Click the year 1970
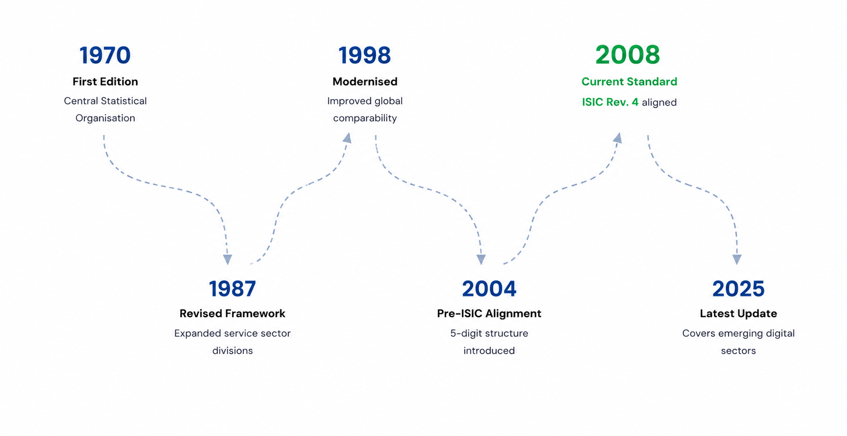105,55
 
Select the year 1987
233,289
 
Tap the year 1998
364,55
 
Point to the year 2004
489,289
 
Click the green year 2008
628,55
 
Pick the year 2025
738,289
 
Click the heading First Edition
105,81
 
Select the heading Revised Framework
233,313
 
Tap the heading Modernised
365,81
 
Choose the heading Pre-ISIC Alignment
489,313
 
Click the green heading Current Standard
629,81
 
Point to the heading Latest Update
738,313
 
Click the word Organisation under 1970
105,118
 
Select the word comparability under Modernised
365,118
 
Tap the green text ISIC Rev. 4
610,102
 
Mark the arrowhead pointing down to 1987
227,260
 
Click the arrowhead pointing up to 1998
347,138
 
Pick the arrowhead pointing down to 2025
737,260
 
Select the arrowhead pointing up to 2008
617,138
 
